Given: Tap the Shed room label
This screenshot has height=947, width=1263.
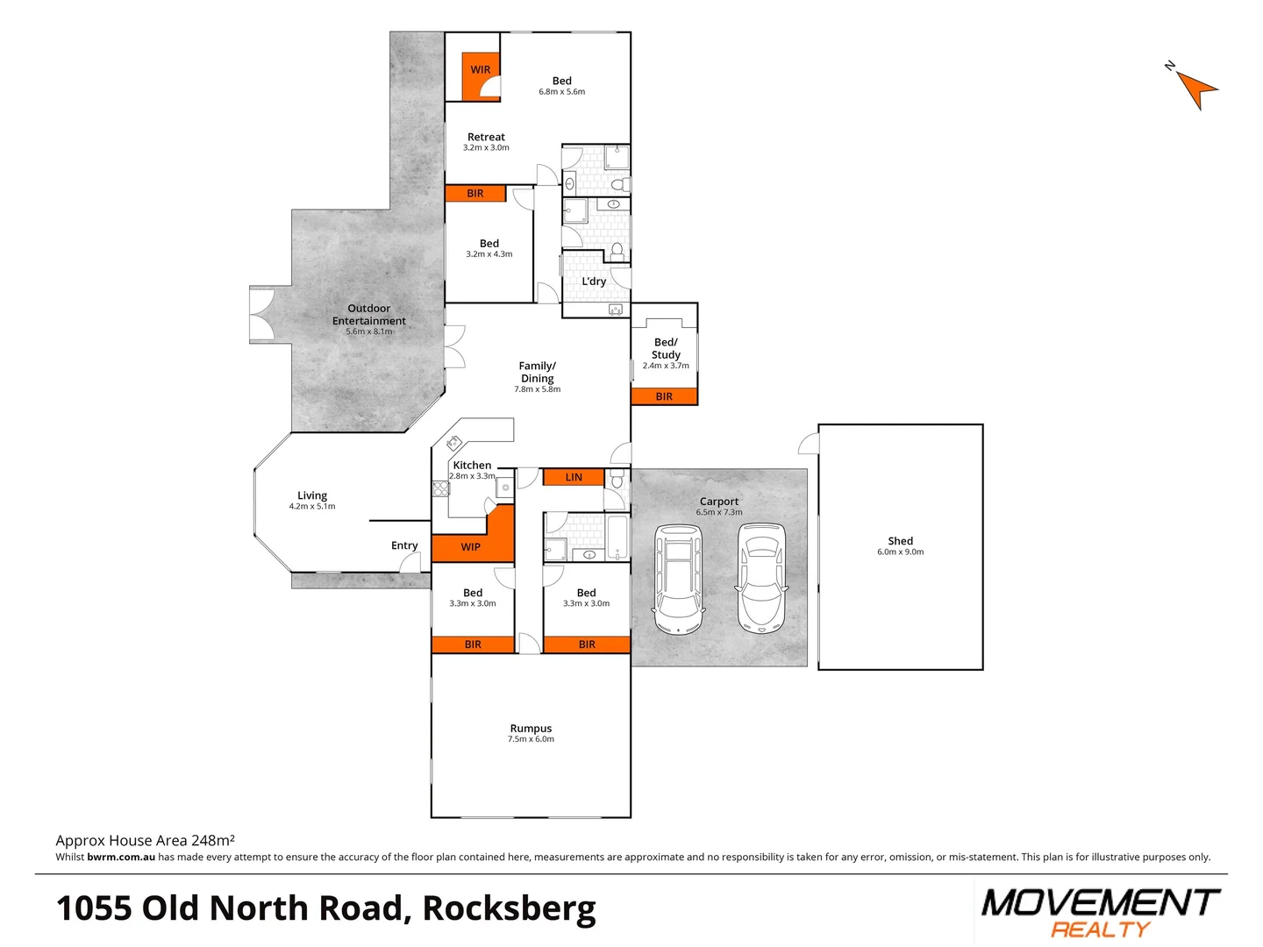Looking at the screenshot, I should (x=900, y=541).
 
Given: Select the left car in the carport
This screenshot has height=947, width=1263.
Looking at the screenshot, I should (x=677, y=579).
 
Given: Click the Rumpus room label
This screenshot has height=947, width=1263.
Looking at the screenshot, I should (x=531, y=729).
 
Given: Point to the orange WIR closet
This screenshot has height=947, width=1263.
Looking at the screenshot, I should (x=480, y=70).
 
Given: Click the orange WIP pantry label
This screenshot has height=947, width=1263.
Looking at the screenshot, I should (x=471, y=547).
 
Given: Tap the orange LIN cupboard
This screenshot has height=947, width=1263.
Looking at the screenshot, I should (x=574, y=478).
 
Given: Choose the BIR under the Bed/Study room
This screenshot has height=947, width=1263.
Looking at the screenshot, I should (x=664, y=397).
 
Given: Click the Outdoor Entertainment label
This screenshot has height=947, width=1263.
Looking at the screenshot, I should (x=368, y=315).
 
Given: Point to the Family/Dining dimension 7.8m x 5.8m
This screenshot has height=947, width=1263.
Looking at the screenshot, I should (x=537, y=389).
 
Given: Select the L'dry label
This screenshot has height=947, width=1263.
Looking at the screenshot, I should (x=594, y=281).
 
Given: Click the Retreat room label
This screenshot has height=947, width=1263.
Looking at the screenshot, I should (x=486, y=138).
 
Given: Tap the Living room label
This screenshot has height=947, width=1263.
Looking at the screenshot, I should (x=312, y=495).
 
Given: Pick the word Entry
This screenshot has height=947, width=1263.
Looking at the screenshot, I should (x=404, y=545).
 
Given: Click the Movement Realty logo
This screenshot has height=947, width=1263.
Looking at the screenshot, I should (x=1100, y=913).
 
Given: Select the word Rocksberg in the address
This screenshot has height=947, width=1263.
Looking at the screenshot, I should (x=509, y=909).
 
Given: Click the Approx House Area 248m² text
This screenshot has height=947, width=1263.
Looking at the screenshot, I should (x=145, y=841).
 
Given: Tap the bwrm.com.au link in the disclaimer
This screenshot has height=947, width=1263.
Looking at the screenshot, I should (x=121, y=858).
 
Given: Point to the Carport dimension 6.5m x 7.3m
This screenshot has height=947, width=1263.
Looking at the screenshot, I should (x=719, y=513).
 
